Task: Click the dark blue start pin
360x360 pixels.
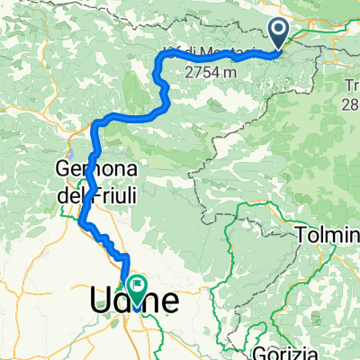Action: [x=278, y=35]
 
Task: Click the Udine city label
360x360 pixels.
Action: [x=134, y=299]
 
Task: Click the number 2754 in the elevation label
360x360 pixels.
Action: [x=203, y=70]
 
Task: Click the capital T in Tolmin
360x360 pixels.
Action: [x=300, y=236]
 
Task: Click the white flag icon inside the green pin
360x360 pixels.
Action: [x=137, y=287]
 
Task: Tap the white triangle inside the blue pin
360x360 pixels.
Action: [x=278, y=32]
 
